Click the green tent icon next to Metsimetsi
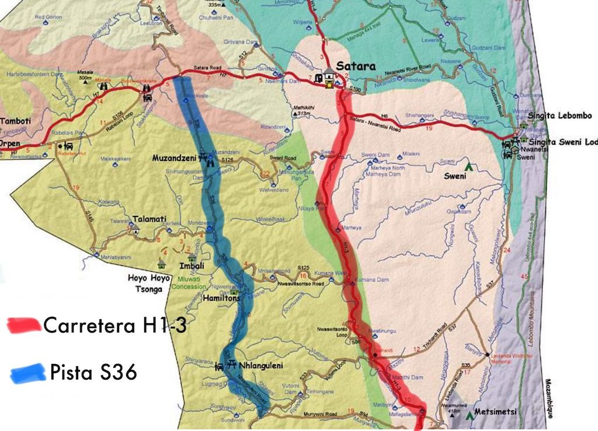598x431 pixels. tap(468, 415)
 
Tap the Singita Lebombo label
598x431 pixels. tap(559, 116)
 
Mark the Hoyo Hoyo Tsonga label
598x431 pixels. tap(149, 283)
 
